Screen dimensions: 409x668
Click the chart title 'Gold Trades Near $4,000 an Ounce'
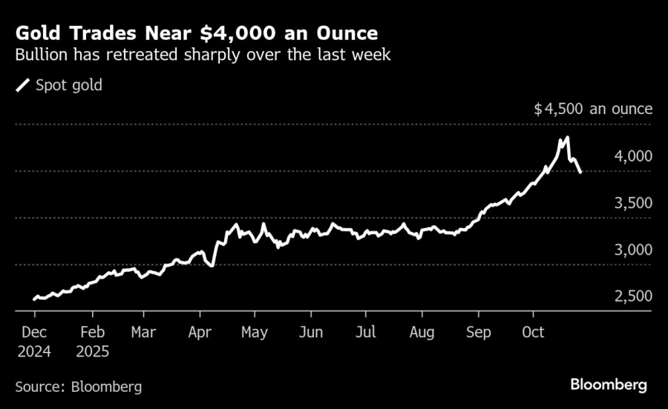196,33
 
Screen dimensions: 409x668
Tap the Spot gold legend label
69,85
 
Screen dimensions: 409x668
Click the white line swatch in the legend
23,85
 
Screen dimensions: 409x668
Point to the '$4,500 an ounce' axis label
593,109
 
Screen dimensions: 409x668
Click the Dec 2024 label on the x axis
35,342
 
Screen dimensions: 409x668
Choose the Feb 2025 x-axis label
92,342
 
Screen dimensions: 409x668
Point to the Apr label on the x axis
200,333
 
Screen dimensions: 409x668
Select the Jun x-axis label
310,333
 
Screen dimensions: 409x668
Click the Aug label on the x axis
422,333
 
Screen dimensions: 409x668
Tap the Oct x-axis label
534,333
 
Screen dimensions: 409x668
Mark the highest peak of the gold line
567,138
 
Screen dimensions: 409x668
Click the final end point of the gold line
580,172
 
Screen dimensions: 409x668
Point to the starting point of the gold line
35,299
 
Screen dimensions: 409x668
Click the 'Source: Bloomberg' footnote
78,386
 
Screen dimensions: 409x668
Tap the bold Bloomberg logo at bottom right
609,385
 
